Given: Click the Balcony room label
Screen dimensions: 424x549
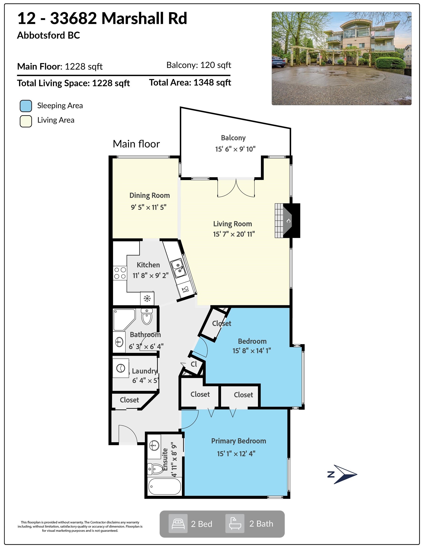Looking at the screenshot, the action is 233,138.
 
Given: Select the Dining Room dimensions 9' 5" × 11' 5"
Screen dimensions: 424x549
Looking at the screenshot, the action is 149,207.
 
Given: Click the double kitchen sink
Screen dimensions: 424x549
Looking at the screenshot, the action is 178,268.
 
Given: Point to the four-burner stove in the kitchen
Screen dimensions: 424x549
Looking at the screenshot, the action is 120,273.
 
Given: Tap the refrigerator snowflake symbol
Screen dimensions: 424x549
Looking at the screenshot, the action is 147,299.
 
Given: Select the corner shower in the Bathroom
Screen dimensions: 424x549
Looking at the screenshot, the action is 124,320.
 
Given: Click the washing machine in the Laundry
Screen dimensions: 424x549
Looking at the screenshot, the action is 121,368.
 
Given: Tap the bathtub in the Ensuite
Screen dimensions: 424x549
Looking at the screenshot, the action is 164,486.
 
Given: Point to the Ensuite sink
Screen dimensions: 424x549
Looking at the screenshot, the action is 154,446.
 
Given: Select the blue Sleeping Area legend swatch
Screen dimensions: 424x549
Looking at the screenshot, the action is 26,106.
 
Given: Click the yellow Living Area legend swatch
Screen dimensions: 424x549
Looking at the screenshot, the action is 26,121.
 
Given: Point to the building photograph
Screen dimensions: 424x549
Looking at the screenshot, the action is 342,58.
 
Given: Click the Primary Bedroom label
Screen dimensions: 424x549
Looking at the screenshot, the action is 238,441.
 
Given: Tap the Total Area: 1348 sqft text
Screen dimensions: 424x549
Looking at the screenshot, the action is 190,82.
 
